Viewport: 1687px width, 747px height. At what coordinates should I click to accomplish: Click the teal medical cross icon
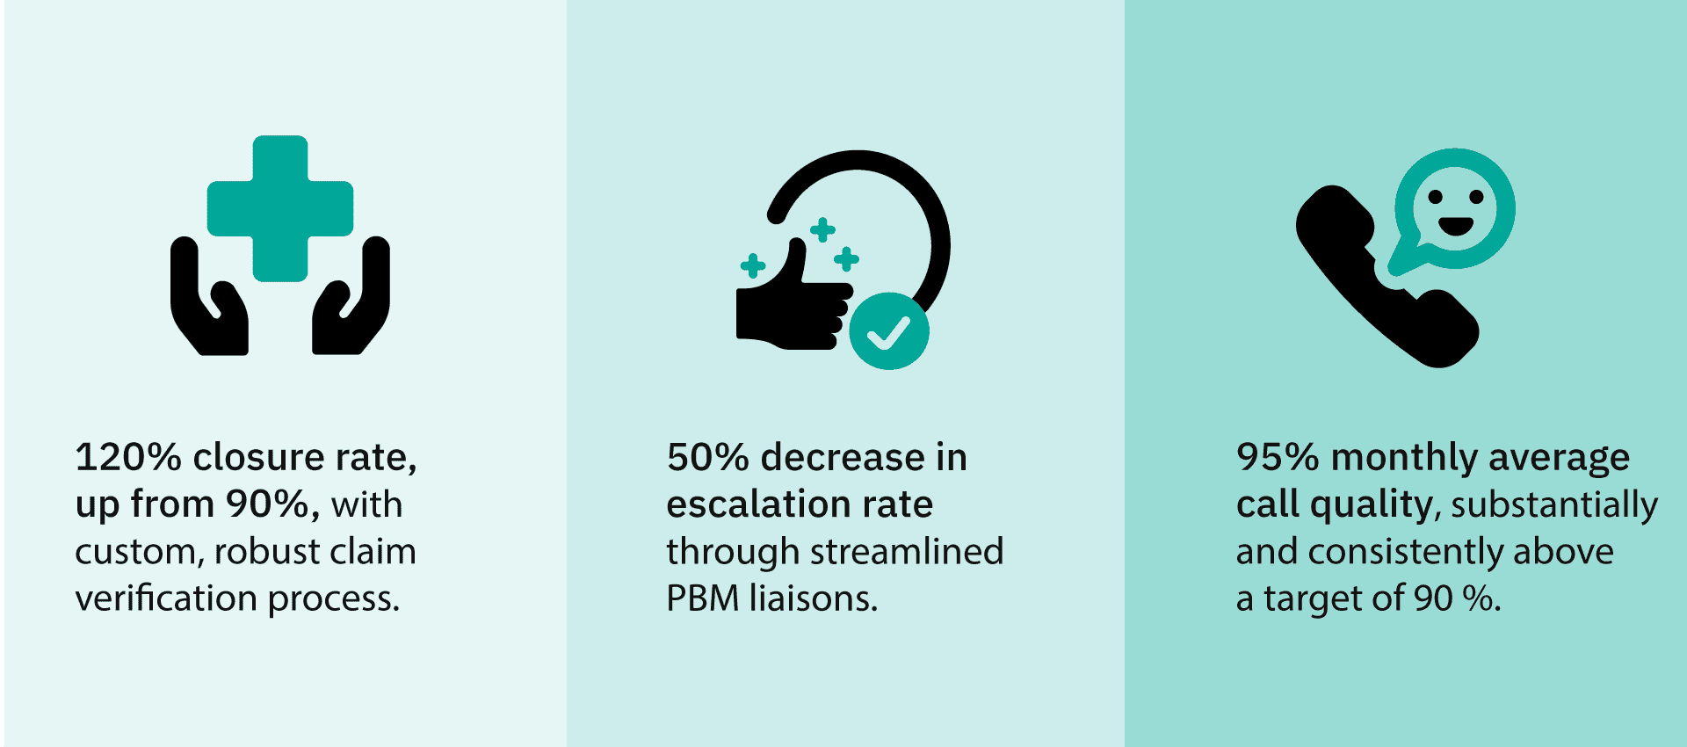point(280,208)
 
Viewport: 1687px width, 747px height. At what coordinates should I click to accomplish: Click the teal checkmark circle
point(889,331)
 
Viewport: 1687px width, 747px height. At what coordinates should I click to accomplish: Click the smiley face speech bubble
point(1453,211)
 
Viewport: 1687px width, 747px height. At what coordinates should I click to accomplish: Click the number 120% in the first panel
point(128,457)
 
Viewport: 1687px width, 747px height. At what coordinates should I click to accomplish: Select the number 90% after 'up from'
point(268,504)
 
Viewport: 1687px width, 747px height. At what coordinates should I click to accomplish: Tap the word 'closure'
point(259,457)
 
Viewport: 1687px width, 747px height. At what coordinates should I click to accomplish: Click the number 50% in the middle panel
point(708,457)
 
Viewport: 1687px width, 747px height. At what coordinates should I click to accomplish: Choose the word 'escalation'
point(758,504)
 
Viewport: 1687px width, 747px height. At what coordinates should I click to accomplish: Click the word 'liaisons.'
point(814,598)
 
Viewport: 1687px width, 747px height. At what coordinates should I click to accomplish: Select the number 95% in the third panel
point(1278,457)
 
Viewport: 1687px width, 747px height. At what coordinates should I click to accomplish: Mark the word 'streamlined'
point(907,551)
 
